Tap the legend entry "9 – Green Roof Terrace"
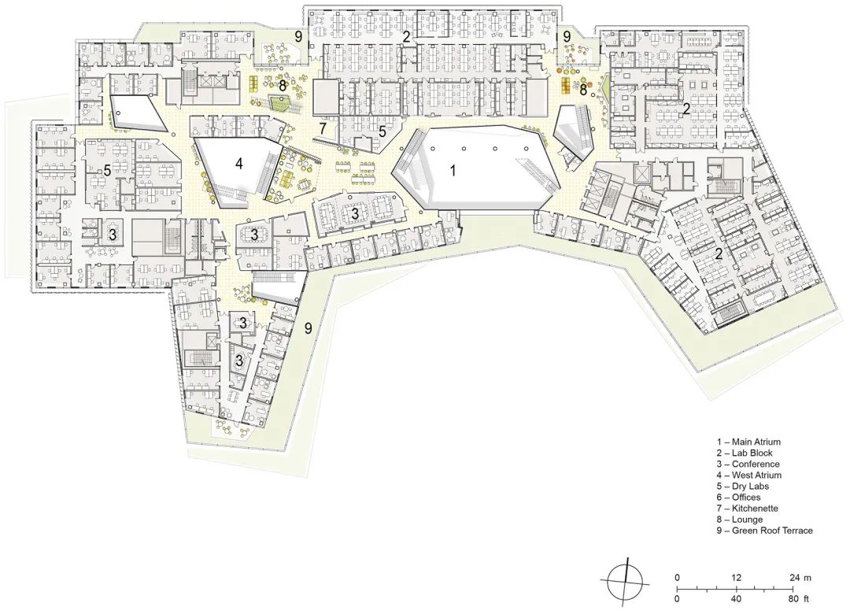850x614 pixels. (x=764, y=531)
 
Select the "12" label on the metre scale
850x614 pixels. (x=737, y=578)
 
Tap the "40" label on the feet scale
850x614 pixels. (x=737, y=598)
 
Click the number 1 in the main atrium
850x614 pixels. (x=453, y=169)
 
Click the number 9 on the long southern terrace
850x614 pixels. (x=309, y=328)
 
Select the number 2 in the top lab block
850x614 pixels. (x=406, y=36)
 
